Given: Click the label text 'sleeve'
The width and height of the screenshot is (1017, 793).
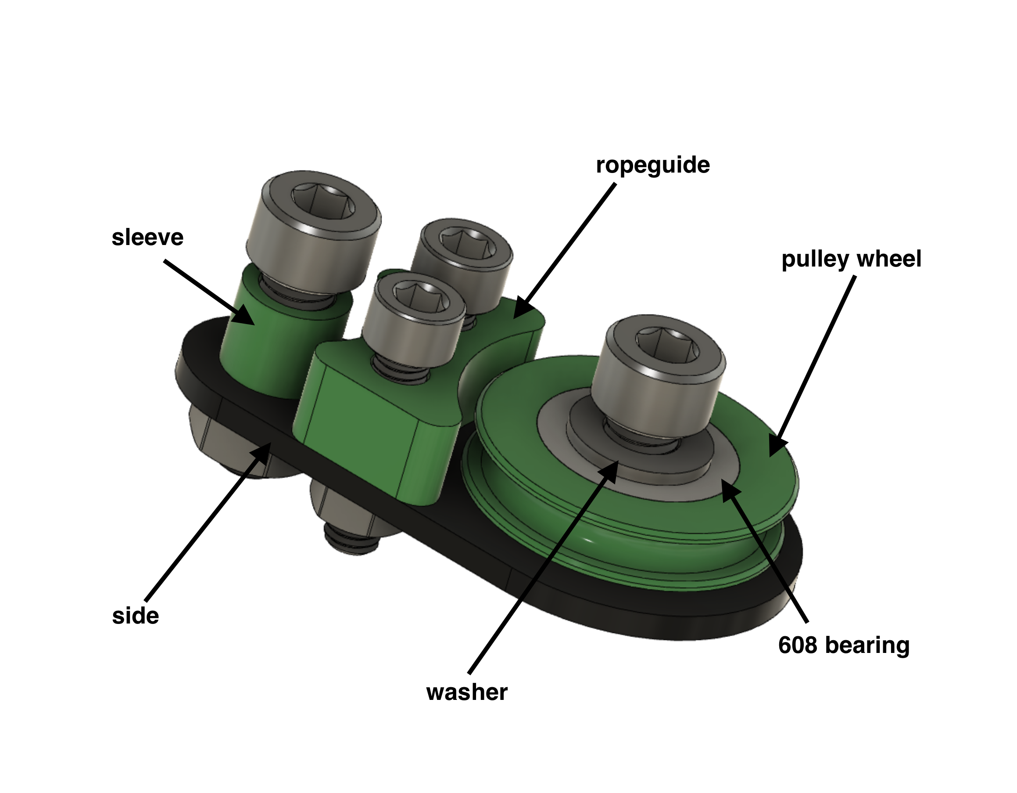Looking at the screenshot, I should tap(147, 238).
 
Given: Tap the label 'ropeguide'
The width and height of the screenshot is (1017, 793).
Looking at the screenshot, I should tap(652, 166).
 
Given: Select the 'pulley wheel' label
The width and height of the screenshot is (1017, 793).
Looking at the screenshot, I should tap(851, 259).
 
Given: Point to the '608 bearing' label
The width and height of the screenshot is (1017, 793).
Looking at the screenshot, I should tap(843, 645).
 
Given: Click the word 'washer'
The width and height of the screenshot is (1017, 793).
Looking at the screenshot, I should tap(466, 692).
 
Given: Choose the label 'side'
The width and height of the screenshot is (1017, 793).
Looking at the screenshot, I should tap(136, 616).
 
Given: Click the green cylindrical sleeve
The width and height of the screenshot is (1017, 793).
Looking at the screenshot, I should tap(275, 350).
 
